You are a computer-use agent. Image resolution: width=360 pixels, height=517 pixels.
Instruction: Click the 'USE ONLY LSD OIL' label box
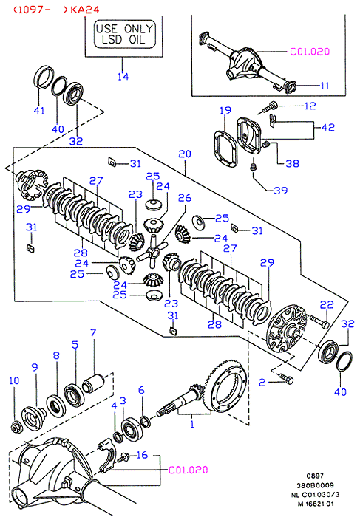point(124,34)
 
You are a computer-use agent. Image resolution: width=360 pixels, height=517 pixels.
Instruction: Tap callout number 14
point(123,77)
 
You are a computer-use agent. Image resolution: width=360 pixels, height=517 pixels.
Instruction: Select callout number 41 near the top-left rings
point(39,110)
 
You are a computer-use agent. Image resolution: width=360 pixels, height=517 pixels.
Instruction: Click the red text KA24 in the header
point(84,10)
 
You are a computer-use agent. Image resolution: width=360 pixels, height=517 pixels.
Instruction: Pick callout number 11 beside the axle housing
point(325,86)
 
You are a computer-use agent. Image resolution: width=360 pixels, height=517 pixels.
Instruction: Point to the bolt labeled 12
point(271,106)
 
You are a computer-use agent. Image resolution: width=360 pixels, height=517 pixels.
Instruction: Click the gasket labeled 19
point(225,148)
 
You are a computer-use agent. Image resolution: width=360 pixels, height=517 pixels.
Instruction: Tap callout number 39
point(281,191)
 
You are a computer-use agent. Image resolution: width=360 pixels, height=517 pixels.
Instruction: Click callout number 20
point(185,154)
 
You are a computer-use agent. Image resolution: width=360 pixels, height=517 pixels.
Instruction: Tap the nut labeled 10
point(16,427)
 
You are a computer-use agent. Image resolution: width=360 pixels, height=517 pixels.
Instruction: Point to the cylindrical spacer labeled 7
point(93,383)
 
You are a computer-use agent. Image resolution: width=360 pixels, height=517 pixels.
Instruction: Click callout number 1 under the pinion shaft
point(192,424)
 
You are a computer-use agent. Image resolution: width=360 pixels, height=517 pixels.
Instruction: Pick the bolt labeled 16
point(123,457)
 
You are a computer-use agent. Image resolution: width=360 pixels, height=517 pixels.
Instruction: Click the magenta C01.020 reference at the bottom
point(189,470)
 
